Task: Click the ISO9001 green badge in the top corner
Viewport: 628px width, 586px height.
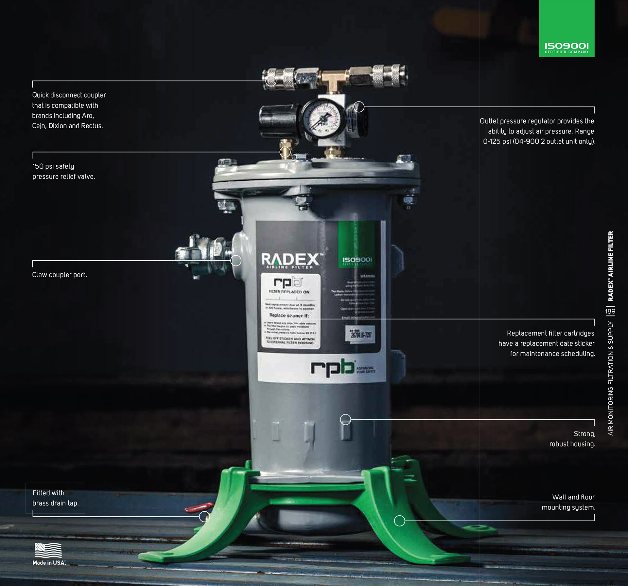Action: [567, 29]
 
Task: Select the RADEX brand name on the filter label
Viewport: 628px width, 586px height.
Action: [290, 259]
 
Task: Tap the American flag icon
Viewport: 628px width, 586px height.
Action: [48, 550]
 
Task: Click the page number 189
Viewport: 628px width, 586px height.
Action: [610, 311]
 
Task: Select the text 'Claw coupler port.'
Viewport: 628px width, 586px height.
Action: [60, 275]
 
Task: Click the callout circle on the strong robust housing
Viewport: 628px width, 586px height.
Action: [345, 419]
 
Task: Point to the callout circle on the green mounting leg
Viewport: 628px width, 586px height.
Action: [399, 521]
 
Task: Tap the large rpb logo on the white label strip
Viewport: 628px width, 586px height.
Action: [333, 368]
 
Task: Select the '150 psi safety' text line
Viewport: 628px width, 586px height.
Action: [53, 166]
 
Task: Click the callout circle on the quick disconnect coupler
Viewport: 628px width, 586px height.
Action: [271, 81]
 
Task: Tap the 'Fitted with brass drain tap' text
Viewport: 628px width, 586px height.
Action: [55, 498]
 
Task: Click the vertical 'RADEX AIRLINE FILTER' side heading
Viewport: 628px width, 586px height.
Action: [610, 266]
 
